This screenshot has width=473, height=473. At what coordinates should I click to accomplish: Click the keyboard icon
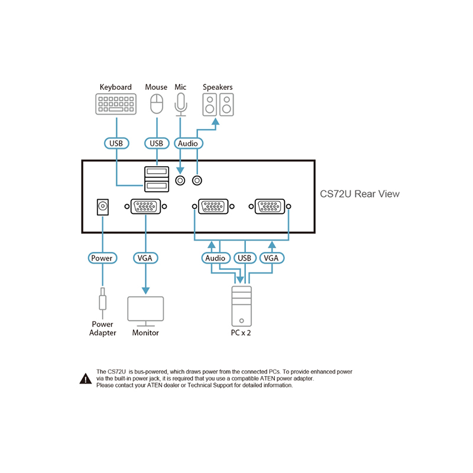point(116,104)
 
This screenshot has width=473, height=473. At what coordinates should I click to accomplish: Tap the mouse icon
point(157,103)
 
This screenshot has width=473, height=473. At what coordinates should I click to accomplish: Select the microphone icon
point(181,105)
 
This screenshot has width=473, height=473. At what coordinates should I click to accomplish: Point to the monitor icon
point(145,312)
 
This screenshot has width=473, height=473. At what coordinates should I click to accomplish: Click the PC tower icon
point(241,306)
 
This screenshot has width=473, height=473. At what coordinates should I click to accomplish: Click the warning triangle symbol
point(86,378)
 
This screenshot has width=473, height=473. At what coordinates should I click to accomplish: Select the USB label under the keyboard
point(116,143)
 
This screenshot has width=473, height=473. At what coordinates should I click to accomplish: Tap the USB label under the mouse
point(157,143)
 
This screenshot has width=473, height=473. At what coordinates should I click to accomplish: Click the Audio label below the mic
point(188,143)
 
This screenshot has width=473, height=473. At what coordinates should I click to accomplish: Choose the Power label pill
point(102,258)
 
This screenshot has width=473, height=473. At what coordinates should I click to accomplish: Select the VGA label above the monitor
point(145,258)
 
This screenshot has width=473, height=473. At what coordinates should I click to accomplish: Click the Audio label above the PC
point(216,258)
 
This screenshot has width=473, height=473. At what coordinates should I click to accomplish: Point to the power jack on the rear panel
point(102,207)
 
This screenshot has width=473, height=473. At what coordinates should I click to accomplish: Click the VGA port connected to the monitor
point(145,206)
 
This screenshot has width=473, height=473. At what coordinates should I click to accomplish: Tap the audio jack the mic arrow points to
point(180,181)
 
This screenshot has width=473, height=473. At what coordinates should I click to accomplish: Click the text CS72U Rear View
point(359,194)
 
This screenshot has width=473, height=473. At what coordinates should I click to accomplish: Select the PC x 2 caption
point(241,333)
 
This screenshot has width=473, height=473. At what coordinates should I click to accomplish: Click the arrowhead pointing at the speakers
point(215,121)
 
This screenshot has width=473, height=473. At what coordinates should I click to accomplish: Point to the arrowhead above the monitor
point(145,290)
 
